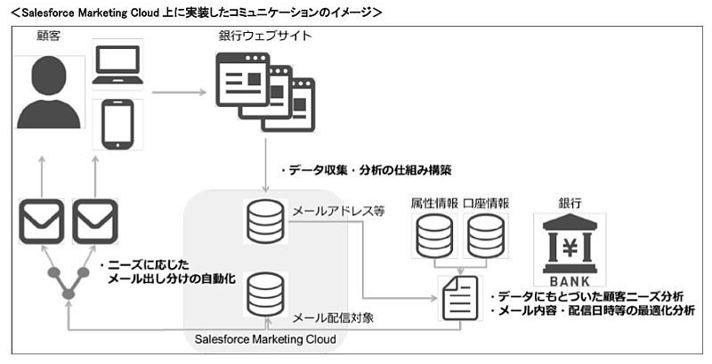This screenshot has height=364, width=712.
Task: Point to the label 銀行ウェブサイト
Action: (x=264, y=36)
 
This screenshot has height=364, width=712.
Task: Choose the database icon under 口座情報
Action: (x=485, y=235)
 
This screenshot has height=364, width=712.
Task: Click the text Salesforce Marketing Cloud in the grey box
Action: (x=265, y=339)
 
